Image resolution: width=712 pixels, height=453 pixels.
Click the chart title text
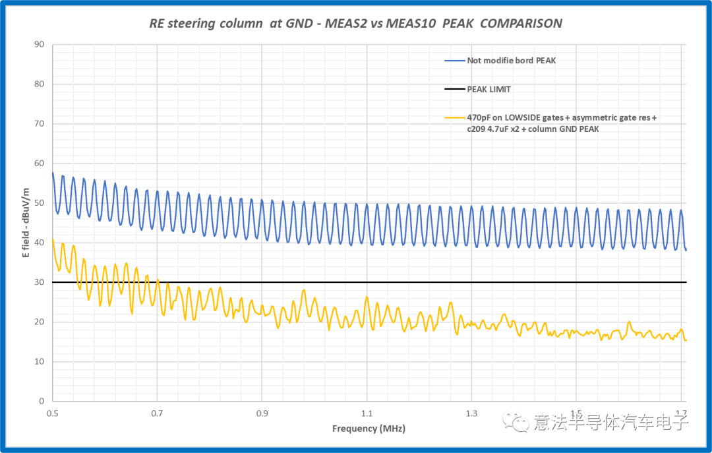tap(355, 24)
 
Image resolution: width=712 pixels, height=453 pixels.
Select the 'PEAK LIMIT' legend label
tap(489, 88)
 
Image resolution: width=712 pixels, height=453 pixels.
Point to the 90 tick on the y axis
tap(39, 45)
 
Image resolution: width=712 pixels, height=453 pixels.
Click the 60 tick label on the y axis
tap(39, 164)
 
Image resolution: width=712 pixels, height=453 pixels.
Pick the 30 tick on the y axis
tap(39, 282)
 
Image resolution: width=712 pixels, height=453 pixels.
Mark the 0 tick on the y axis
tap(41, 401)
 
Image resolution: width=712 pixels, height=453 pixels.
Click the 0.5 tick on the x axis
tap(53, 413)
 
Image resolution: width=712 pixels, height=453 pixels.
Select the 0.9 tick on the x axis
tap(262, 413)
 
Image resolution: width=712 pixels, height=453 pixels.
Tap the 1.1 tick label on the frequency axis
tap(367, 413)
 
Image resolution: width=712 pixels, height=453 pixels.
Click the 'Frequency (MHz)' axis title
tap(369, 429)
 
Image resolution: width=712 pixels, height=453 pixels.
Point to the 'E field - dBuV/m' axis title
tap(26, 222)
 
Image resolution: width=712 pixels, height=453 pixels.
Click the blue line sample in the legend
tap(455, 61)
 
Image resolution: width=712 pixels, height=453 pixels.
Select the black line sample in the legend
tap(455, 88)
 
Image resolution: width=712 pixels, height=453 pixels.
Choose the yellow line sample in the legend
tap(455, 117)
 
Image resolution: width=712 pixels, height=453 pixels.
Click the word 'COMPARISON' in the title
tap(521, 24)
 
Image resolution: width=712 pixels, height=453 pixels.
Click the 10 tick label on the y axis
tap(39, 361)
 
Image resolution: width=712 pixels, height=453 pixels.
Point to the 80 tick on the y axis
tap(39, 84)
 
